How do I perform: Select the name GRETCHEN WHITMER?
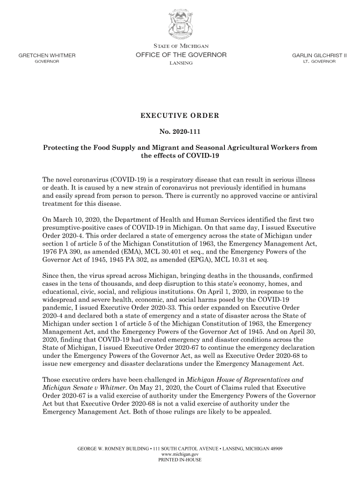47,55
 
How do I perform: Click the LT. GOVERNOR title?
319,62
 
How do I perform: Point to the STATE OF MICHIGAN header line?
180,46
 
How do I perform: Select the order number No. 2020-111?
180,132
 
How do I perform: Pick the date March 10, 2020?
76,219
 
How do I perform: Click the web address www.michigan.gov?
180,454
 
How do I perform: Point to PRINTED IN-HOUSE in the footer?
180,460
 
